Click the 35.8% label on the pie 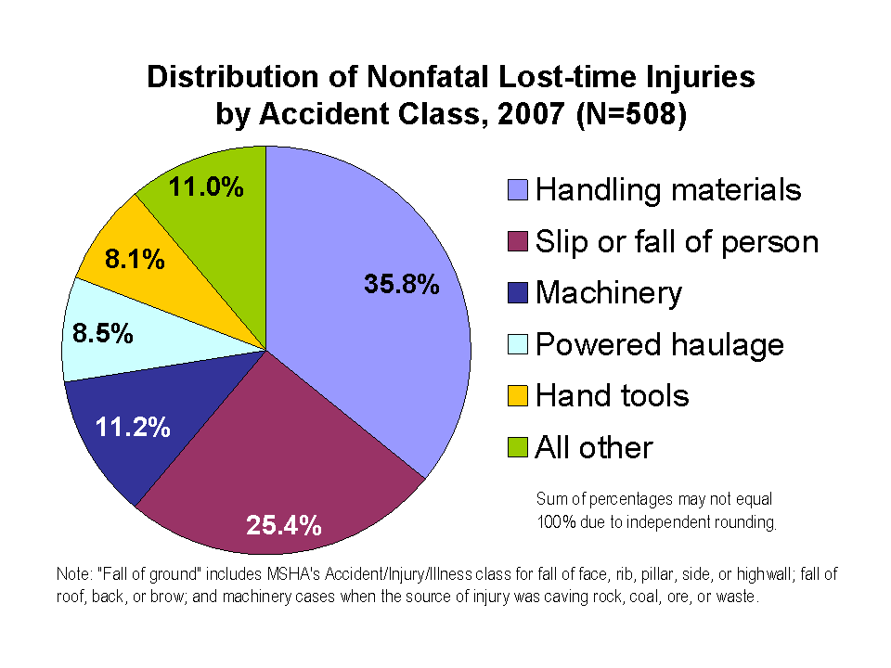[x=401, y=285]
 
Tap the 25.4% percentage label [x=284, y=526]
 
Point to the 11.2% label [x=133, y=427]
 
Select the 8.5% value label [x=102, y=332]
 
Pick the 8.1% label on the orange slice [x=135, y=259]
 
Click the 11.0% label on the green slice [x=206, y=187]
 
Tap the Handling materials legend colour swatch [x=519, y=190]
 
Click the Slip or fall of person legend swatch [x=519, y=242]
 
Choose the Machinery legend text [x=609, y=293]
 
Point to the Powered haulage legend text [x=660, y=345]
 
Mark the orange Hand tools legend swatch [x=519, y=397]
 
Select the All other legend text [x=594, y=448]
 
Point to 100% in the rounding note [x=555, y=521]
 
